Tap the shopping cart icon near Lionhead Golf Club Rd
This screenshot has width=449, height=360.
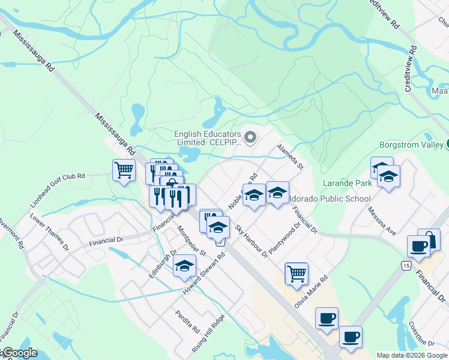[124, 170]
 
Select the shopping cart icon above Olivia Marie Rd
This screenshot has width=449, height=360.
[296, 273]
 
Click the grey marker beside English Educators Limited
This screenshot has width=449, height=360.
[251, 138]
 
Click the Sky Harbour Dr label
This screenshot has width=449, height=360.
[252, 242]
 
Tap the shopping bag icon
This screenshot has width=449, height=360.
[429, 239]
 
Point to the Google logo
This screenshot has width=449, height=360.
[19, 353]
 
